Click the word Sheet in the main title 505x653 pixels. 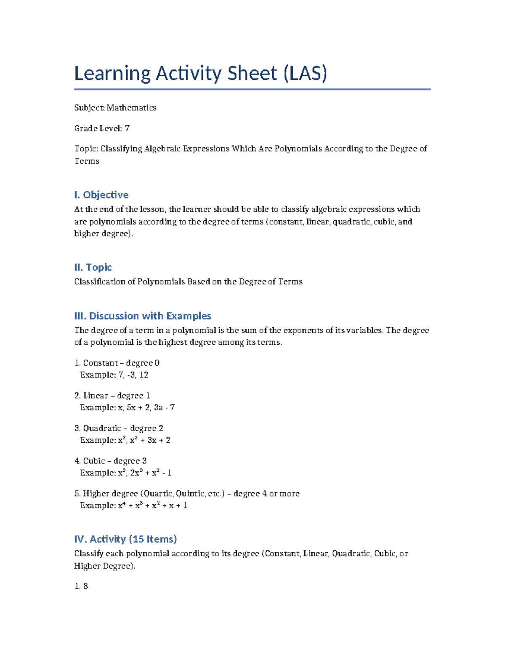[x=252, y=74]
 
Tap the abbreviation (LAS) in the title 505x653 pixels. [x=305, y=74]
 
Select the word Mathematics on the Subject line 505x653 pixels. [x=131, y=108]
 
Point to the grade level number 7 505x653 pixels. [x=127, y=128]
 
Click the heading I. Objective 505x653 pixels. [x=101, y=195]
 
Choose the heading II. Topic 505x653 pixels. [x=93, y=267]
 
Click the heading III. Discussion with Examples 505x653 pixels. [x=143, y=316]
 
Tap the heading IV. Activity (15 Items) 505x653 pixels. [x=125, y=539]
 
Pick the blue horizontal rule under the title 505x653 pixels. [x=252, y=89]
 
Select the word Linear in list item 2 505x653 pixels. [x=96, y=396]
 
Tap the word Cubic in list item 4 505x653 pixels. [x=93, y=461]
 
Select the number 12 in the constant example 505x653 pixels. [x=144, y=375]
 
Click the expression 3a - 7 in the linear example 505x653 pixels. [x=164, y=407]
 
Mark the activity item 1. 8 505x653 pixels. [x=81, y=586]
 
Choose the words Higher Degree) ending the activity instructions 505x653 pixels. [x=105, y=566]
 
